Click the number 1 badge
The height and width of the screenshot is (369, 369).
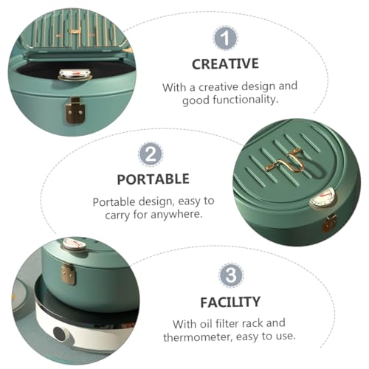pyautogui.click(x=225, y=38)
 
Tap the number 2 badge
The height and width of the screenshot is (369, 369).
pyautogui.click(x=151, y=154)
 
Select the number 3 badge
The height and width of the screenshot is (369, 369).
pyautogui.click(x=231, y=275)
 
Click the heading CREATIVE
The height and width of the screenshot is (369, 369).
pyautogui.click(x=225, y=64)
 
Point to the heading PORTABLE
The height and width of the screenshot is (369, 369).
pyautogui.click(x=153, y=179)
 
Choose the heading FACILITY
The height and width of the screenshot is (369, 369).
pyautogui.click(x=230, y=302)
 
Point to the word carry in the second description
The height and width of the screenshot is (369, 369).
pyautogui.click(x=117, y=215)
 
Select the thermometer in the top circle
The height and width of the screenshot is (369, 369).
pyautogui.click(x=75, y=75)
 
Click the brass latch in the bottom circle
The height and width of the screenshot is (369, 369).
pyautogui.click(x=69, y=274)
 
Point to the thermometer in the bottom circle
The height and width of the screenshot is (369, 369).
pyautogui.click(x=74, y=244)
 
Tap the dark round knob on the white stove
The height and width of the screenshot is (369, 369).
pyautogui.click(x=59, y=333)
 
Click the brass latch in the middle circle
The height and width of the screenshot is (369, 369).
pyautogui.click(x=330, y=224)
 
